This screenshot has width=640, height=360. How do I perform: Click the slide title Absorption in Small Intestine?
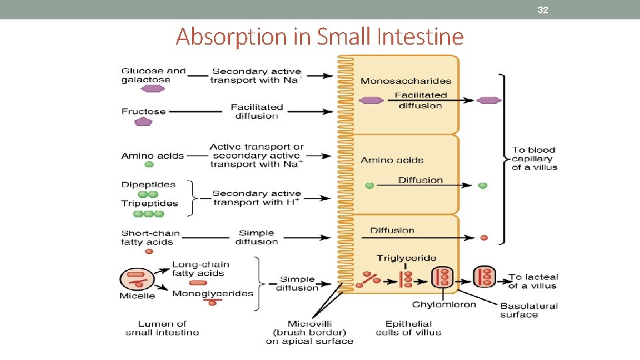(x=319, y=37)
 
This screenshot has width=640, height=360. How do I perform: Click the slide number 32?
(x=543, y=10)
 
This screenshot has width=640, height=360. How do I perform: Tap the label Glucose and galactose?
(x=153, y=75)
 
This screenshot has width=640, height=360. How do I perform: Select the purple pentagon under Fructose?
(x=143, y=122)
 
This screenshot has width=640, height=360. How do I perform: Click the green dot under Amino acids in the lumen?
(x=149, y=164)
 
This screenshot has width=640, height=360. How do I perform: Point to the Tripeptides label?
(x=150, y=203)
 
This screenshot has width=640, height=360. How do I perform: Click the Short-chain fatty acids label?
(x=150, y=237)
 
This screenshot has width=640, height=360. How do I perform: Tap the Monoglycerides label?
(x=213, y=293)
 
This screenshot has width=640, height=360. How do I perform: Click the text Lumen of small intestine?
(x=162, y=328)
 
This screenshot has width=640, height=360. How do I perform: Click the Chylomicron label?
(x=444, y=305)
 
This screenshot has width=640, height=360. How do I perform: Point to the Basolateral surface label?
(x=529, y=311)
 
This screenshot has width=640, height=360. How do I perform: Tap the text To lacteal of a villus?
(x=533, y=281)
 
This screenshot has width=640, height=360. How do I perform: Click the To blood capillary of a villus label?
(x=534, y=159)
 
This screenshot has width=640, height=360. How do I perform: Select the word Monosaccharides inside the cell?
(x=405, y=81)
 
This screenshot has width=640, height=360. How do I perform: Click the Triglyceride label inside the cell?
(x=406, y=258)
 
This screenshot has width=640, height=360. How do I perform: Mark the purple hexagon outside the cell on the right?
(x=489, y=101)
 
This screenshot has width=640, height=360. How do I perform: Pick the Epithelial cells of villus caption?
(x=408, y=328)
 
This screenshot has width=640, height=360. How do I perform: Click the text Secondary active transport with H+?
(x=257, y=198)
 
